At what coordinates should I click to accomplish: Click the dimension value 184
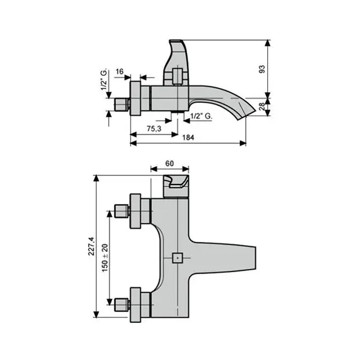coord(188,137)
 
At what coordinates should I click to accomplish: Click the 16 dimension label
coord(119,71)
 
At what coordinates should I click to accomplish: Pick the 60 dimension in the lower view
coord(170,163)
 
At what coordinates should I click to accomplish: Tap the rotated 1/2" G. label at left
coord(104,80)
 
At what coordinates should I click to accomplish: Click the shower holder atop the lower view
coord(177,186)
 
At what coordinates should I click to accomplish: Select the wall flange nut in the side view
coord(138,99)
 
